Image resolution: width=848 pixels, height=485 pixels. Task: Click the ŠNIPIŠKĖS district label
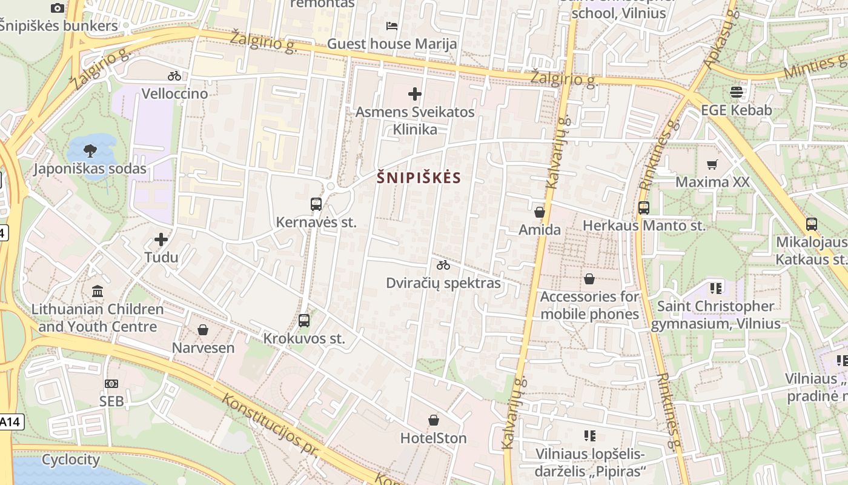419,178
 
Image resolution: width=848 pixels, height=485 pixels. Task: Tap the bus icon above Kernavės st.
316,204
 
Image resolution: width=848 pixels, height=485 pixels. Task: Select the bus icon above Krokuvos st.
304,321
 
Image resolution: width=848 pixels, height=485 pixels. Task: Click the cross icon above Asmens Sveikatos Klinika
415,94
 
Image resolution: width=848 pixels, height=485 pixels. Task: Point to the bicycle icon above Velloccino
174,76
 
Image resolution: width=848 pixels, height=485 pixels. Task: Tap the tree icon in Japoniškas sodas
90,150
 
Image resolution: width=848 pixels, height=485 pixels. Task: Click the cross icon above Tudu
161,239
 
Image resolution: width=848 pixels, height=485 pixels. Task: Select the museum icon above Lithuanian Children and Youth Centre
98,291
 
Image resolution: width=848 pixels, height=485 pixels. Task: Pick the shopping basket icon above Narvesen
203,330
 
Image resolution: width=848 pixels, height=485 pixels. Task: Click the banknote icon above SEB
111,384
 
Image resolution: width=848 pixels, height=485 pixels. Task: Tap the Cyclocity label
71,460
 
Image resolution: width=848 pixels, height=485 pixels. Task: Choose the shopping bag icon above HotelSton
434,420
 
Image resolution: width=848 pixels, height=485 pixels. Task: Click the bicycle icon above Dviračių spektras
443,265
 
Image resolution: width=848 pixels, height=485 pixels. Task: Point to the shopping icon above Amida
540,212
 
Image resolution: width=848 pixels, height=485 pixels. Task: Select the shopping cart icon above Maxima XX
712,164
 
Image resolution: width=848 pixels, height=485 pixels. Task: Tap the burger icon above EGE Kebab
737,92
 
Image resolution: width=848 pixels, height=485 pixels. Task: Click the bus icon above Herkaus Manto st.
644,208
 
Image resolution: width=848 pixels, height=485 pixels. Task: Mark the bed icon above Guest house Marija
392,26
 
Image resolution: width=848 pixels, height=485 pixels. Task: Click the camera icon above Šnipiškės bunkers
58,8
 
